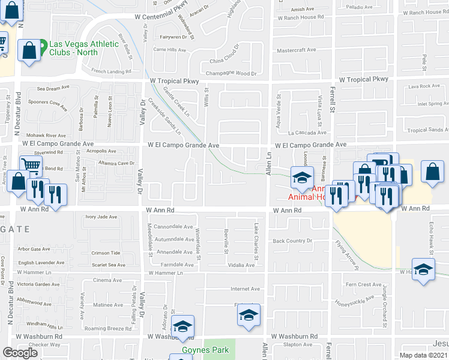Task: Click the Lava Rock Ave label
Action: point(424,86)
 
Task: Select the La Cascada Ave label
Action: point(307,133)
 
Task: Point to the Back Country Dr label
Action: point(293,241)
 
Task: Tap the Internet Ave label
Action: point(245,289)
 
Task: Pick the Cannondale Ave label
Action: point(173,227)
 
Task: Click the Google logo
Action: point(20,353)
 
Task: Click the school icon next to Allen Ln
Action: point(302,176)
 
